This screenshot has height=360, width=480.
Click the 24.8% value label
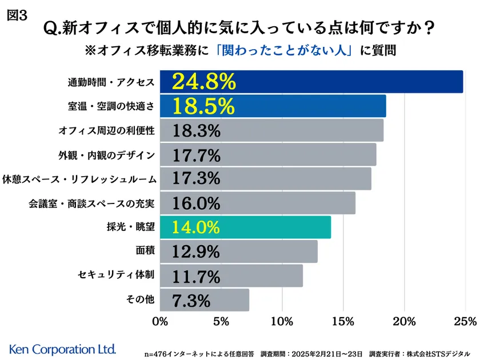click(x=203, y=82)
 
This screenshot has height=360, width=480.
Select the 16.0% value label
click(x=196, y=203)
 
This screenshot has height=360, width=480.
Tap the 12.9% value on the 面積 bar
click(x=196, y=251)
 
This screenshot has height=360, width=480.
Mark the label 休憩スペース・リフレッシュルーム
click(x=79, y=179)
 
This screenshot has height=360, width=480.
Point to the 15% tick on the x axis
click(x=343, y=321)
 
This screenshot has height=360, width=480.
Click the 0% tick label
click(x=160, y=321)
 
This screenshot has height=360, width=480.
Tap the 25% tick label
click(x=465, y=321)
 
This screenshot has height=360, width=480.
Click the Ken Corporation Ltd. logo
click(x=63, y=348)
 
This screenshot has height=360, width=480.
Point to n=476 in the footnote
click(x=158, y=354)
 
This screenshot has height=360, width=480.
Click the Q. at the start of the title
click(x=54, y=27)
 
